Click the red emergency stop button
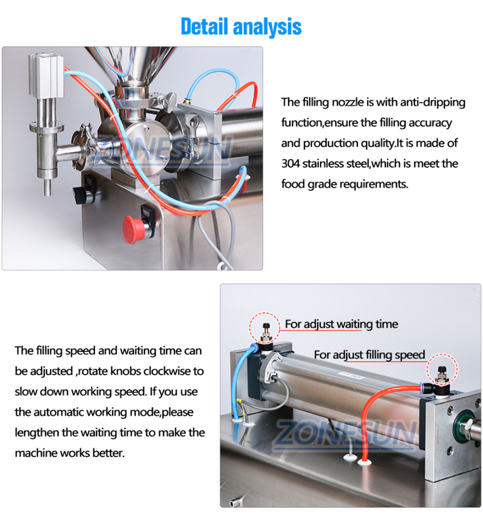tap(134, 230)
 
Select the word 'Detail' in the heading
tap(204, 26)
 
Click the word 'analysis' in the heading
tap(267, 27)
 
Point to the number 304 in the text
tap(290, 164)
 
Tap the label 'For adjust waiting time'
tap(341, 324)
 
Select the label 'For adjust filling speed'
tap(369, 355)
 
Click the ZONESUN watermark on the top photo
tap(160, 149)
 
